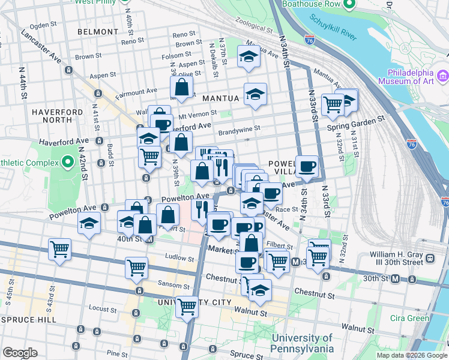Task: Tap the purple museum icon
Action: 443,76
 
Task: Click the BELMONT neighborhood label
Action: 98,31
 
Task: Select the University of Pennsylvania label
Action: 302,343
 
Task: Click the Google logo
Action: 20,353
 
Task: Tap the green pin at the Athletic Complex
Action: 68,161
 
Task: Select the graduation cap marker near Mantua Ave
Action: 247,56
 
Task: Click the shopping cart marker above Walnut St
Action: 187,307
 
